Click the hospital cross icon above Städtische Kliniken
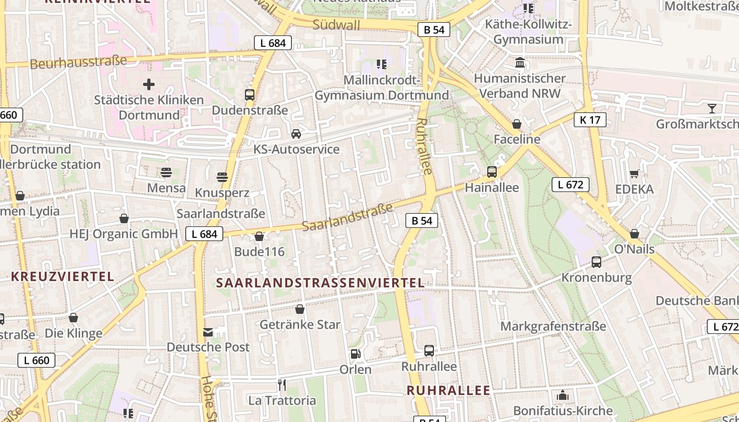click(x=149, y=84)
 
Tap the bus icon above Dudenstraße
click(x=250, y=95)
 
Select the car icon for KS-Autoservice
click(x=296, y=133)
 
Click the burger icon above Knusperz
click(x=222, y=177)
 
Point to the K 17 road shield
click(x=590, y=120)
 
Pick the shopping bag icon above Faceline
click(x=517, y=124)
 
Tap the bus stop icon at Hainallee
click(x=492, y=171)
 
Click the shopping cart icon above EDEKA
click(x=634, y=174)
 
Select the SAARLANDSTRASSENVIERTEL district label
click(x=320, y=283)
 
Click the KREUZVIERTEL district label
click(x=62, y=276)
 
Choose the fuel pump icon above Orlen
click(x=355, y=354)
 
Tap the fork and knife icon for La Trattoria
click(x=282, y=385)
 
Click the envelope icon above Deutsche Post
click(x=208, y=332)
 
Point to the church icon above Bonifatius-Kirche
click(x=563, y=395)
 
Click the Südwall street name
click(x=336, y=25)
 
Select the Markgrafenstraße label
click(x=553, y=327)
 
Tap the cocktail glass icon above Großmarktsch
click(x=712, y=109)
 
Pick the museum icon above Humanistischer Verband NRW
click(x=520, y=63)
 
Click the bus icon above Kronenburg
click(x=596, y=262)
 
